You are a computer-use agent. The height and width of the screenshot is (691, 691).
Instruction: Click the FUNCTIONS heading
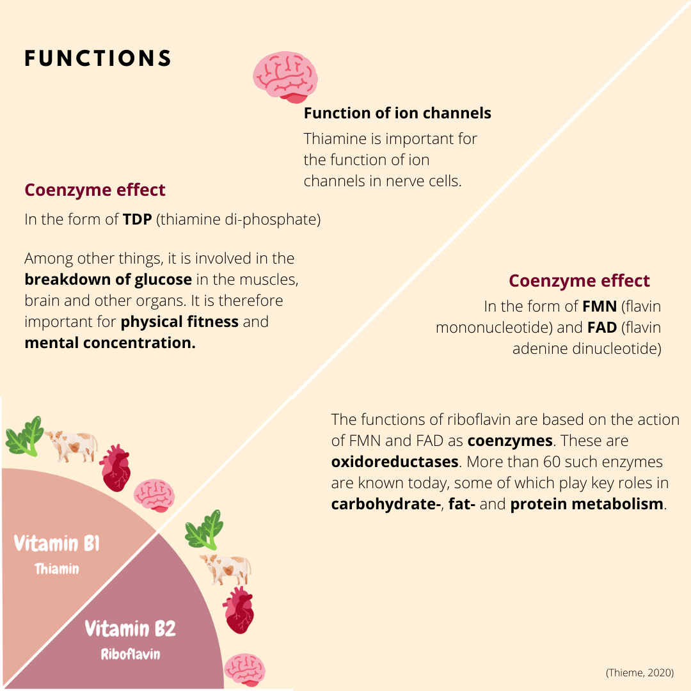pos(98,59)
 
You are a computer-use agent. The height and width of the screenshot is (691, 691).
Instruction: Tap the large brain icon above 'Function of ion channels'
pos(285,77)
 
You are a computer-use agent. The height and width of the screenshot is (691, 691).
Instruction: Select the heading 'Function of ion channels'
pos(397,113)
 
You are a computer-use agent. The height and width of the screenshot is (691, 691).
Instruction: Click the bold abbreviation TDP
pos(137,219)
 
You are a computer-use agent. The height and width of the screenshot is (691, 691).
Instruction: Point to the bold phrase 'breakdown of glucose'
pos(108,280)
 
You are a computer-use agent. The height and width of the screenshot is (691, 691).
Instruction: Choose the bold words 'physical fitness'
pos(180,321)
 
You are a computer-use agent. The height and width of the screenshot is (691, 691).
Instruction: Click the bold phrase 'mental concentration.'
pos(109,342)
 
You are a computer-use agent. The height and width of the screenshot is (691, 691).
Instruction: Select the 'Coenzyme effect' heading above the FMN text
pos(579,281)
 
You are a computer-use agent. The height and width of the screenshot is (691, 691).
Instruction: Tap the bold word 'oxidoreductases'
pos(395,461)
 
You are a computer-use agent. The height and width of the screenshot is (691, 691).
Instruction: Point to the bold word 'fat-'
pos(461,504)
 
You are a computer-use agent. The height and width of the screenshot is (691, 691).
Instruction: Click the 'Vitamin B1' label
pos(57,544)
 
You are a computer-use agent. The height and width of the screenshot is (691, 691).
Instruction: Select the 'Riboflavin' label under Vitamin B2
pos(131,654)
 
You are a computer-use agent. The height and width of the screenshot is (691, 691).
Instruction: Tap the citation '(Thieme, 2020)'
pos(639,672)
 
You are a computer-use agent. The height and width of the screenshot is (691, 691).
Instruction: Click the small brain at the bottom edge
pos(244,669)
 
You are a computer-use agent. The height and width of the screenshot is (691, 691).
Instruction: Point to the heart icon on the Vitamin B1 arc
pos(116,468)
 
